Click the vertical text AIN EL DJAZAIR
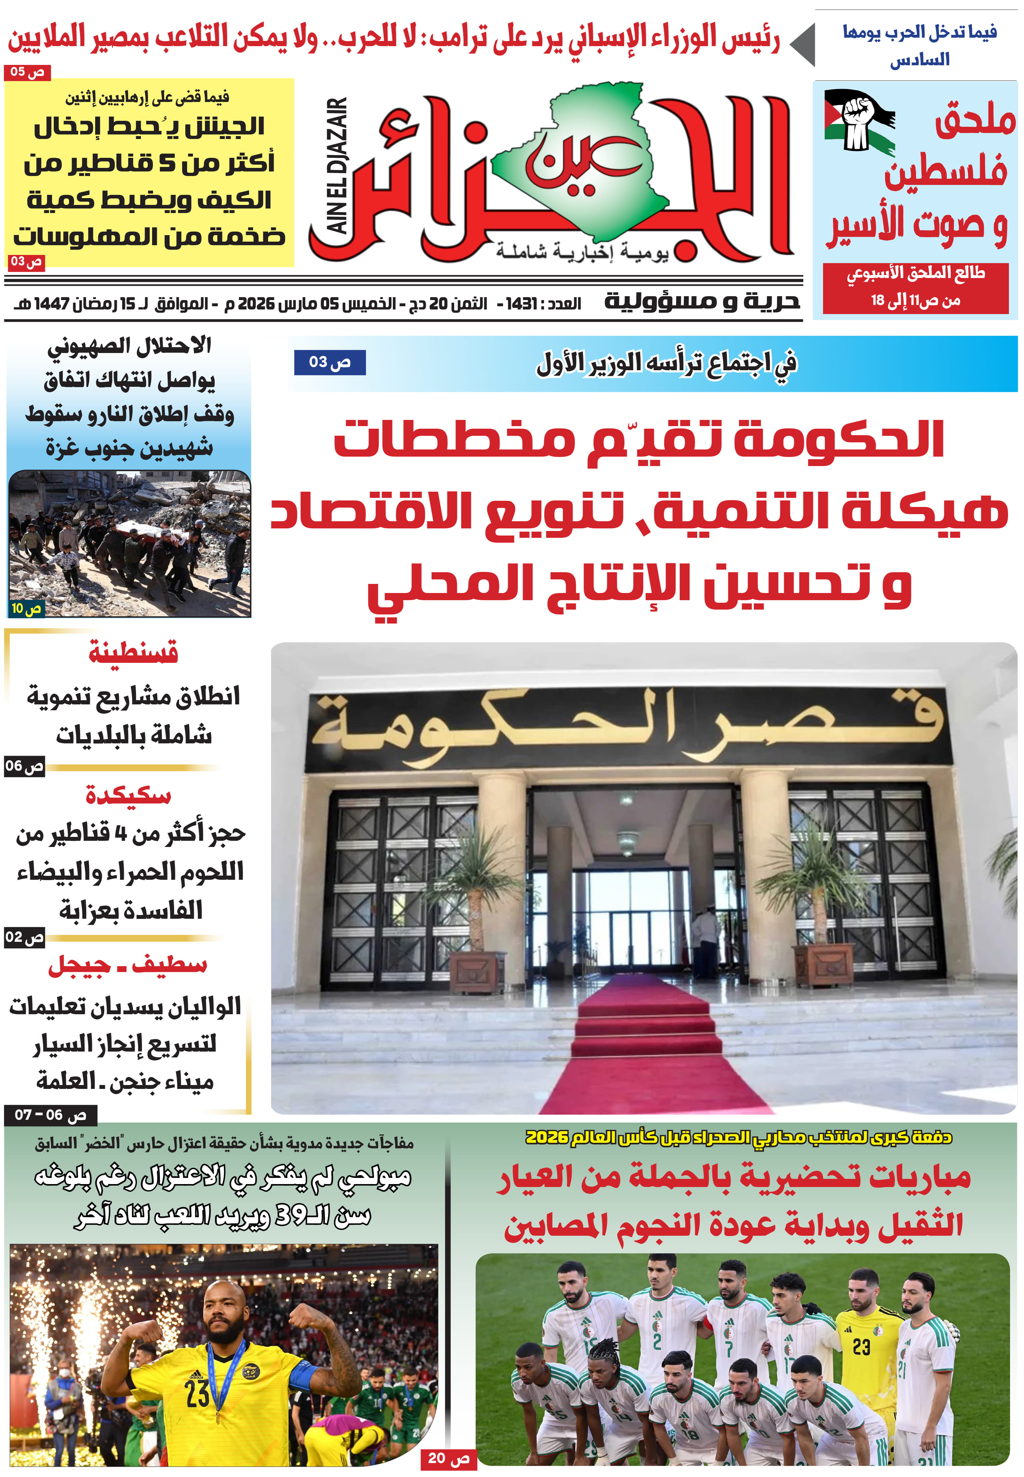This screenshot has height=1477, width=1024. pos(338,166)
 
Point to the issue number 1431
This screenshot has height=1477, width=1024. pos(521,303)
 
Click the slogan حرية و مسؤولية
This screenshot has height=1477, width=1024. pos(702,302)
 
